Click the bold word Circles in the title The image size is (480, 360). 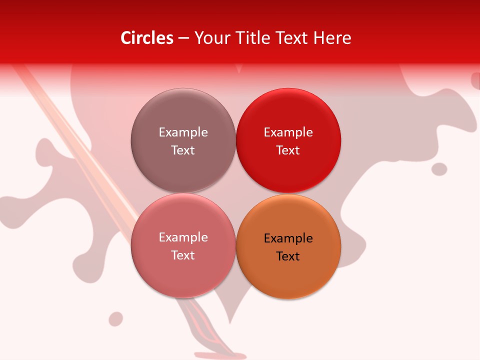pos(147,38)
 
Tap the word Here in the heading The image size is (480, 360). pos(332,38)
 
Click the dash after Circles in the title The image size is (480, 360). pos(183,38)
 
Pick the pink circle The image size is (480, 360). pos(183,272)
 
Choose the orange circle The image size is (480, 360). pos(288,275)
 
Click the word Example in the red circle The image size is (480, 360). pos(288,132)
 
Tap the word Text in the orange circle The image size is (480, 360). pos(288,256)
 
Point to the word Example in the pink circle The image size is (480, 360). pos(183,237)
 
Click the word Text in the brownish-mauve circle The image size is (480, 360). pos(183,150)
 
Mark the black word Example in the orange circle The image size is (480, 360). pos(288,238)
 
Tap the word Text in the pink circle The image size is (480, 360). pos(183,255)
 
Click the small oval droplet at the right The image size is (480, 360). pos(439,169)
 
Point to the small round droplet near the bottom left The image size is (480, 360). pos(116,318)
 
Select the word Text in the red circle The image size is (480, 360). pos(288,150)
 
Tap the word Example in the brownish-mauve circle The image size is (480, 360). pos(183,132)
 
